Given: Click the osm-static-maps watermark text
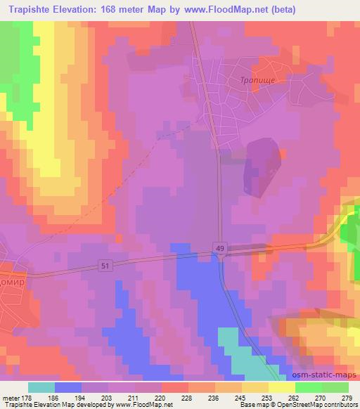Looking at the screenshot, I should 330,375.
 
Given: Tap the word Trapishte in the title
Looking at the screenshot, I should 26,9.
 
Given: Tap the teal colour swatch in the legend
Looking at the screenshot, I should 41,387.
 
